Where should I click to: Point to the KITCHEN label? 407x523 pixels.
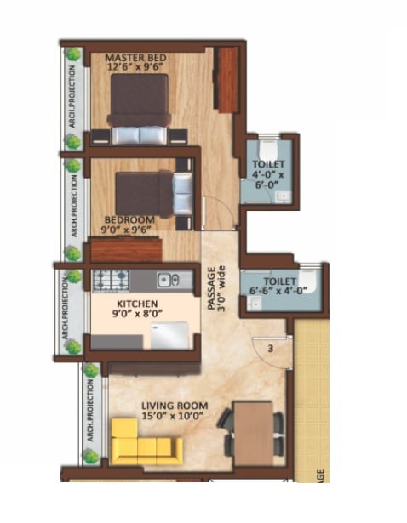click(138, 303)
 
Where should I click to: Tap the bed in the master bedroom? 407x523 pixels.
click(140, 111)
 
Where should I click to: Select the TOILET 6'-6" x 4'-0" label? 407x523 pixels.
click(280, 286)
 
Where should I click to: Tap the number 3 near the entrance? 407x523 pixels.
click(270, 348)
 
